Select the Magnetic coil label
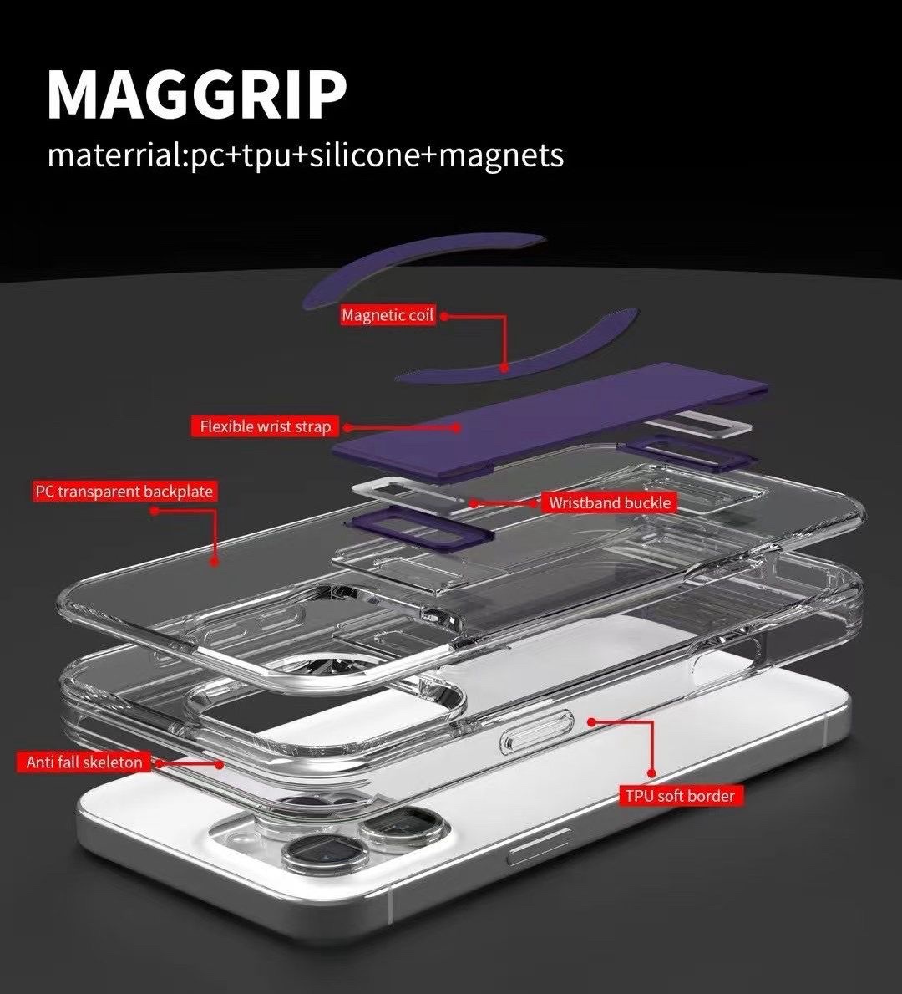point(388,315)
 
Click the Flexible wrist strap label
point(265,426)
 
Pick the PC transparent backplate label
point(124,491)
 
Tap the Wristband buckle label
point(609,502)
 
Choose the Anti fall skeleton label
point(84,762)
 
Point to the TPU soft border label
point(680,795)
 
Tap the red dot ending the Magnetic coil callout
point(504,367)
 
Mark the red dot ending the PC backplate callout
point(215,563)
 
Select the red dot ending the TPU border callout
point(592,721)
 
